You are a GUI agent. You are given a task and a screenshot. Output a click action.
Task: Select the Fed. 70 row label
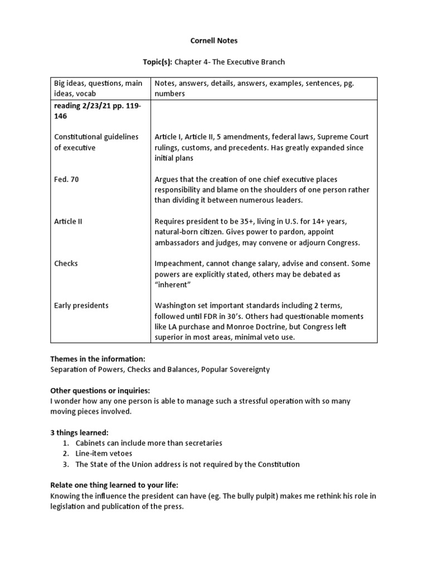pos(66,179)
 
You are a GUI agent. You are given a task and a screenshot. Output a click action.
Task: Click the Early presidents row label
pos(81,305)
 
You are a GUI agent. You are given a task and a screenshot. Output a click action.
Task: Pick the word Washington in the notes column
pos(176,306)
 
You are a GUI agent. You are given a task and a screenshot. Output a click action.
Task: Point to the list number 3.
pos(65,464)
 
